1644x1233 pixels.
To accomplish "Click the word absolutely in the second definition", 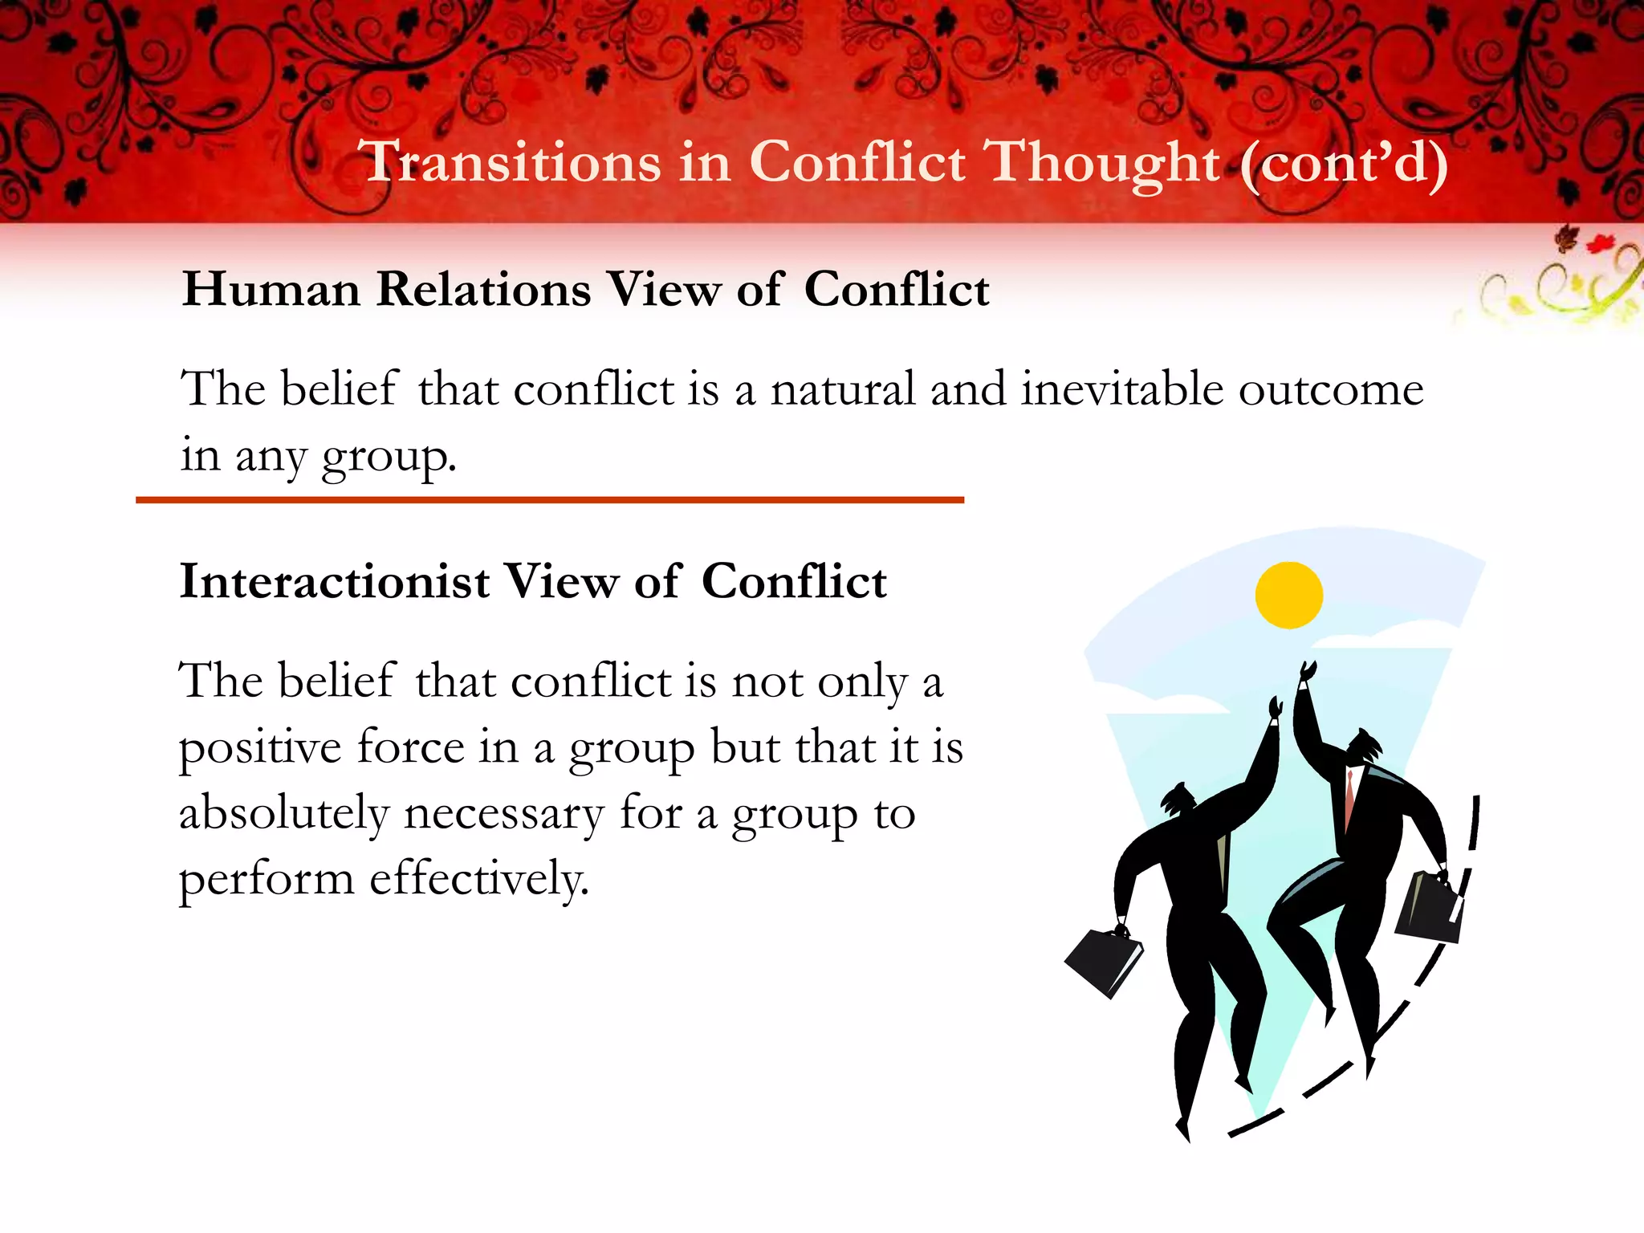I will point(283,813).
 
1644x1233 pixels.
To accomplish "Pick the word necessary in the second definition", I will point(503,815).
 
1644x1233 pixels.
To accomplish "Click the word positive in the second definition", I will point(260,749).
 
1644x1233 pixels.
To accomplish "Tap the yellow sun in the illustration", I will point(1288,595).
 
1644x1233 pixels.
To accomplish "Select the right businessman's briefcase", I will point(1429,907).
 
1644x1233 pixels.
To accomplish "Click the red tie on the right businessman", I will point(1350,795).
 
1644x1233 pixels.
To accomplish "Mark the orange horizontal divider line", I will point(549,500).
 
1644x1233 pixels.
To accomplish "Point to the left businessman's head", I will point(1178,799).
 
